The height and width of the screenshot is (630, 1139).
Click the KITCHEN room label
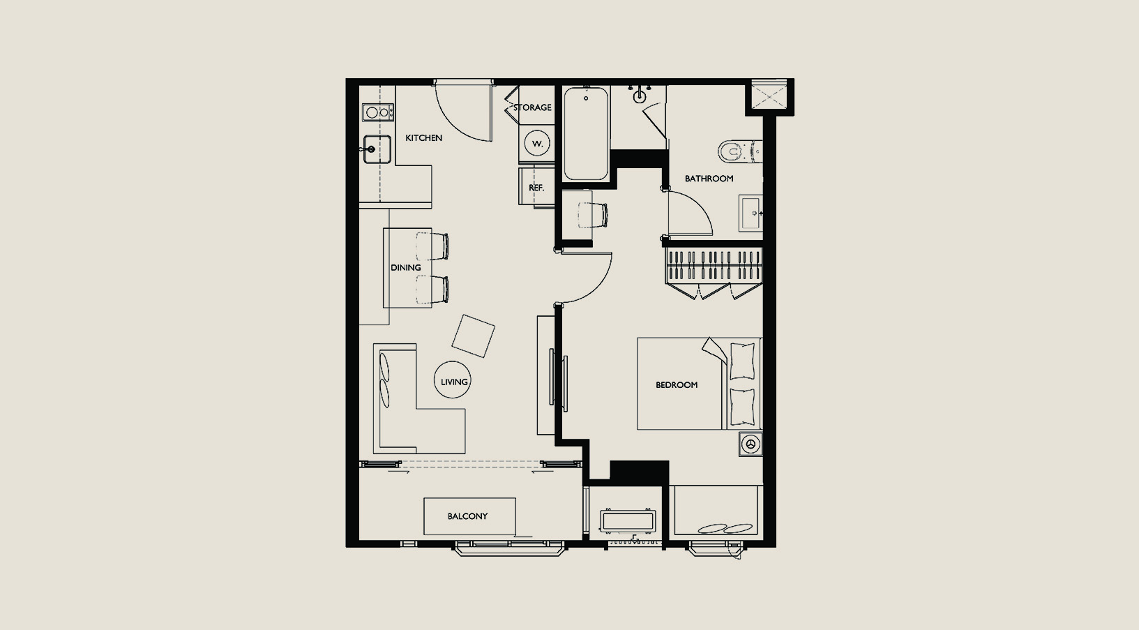tap(423, 138)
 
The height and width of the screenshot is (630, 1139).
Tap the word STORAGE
tap(532, 107)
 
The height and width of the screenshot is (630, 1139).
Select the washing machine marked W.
tap(537, 144)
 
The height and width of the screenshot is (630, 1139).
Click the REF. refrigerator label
tap(536, 188)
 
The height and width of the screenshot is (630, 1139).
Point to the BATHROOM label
tap(709, 179)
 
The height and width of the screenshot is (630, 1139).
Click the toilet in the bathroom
tap(740, 151)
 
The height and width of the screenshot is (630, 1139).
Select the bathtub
tap(586, 134)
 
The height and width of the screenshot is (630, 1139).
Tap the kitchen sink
tap(377, 149)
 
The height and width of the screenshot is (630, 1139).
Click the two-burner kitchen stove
tap(378, 112)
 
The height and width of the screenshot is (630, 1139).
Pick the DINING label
tap(406, 267)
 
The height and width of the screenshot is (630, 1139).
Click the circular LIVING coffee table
tap(453, 380)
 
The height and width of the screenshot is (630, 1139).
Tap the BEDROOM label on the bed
tap(677, 385)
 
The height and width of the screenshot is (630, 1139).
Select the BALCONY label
tap(467, 516)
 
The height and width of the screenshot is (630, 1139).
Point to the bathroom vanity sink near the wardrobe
tap(750, 213)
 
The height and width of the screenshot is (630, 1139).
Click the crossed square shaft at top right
tap(769, 94)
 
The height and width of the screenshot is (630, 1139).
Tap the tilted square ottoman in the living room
tap(474, 336)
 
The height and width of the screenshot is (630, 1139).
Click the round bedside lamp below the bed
tap(750, 444)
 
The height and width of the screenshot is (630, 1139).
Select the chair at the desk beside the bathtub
tap(593, 215)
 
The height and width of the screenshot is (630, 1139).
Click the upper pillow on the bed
tap(742, 361)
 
